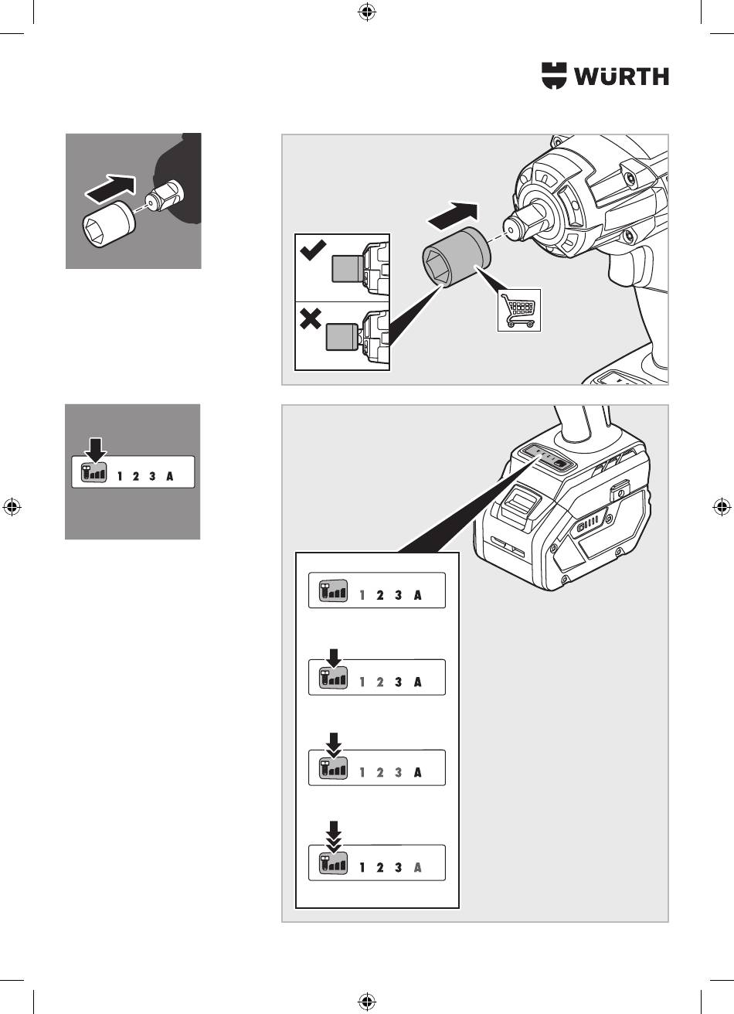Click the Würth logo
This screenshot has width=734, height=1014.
[x=605, y=76]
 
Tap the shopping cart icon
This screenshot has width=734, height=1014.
[x=519, y=310]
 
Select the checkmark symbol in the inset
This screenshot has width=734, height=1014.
[x=313, y=250]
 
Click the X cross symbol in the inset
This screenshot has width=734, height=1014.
[x=311, y=318]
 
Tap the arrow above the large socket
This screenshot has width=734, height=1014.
[x=453, y=216]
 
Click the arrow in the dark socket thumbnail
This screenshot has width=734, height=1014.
[x=110, y=188]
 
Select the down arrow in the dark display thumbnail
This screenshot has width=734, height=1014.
[x=96, y=450]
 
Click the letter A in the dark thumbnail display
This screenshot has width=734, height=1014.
[x=170, y=476]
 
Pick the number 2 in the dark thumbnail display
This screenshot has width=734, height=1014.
[x=135, y=476]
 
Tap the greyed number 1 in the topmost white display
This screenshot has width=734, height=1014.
[x=362, y=595]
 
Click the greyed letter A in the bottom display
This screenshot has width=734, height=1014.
[x=417, y=868]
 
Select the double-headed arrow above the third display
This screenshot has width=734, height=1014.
[x=334, y=746]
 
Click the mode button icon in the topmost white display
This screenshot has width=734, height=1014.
[x=333, y=590]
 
